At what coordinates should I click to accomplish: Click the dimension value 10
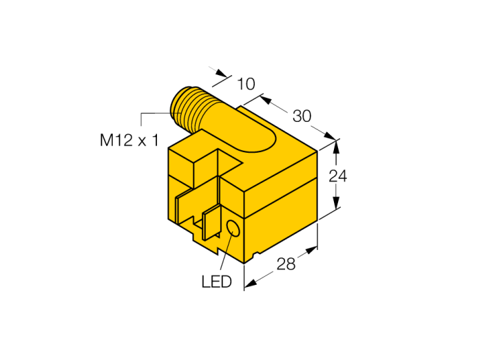coord(247,84)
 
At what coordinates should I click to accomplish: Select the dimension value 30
coord(302,116)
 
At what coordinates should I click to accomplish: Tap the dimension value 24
coord(338,176)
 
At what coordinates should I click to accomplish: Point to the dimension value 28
coord(286,264)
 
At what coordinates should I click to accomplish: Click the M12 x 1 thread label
coord(129,140)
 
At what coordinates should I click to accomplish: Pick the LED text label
coord(216,282)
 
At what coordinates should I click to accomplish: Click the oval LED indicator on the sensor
coord(233,229)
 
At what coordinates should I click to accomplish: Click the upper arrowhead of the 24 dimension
coord(337,147)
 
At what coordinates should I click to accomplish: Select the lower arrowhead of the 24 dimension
coord(337,202)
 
